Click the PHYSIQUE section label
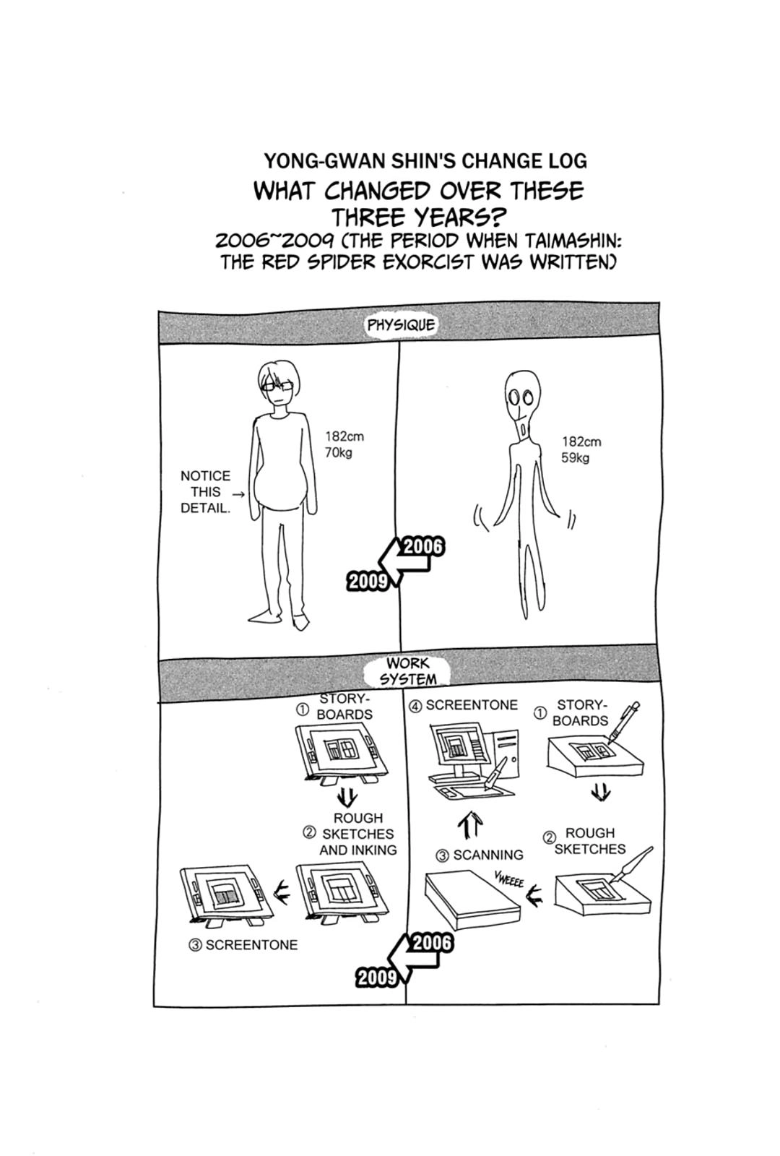click(401, 326)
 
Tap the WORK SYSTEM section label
click(407, 671)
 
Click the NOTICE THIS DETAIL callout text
click(206, 492)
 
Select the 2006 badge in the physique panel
click(423, 547)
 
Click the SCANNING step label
click(480, 855)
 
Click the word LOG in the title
click(568, 162)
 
